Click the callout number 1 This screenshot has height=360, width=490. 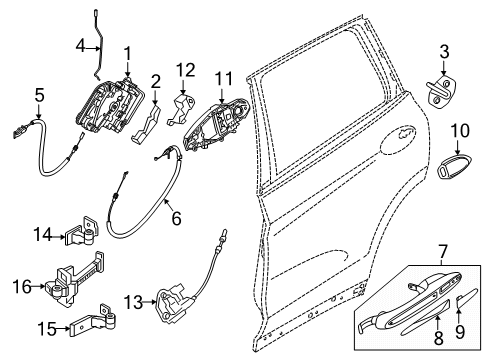coord(127,52)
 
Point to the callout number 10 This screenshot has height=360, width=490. coord(459,129)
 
